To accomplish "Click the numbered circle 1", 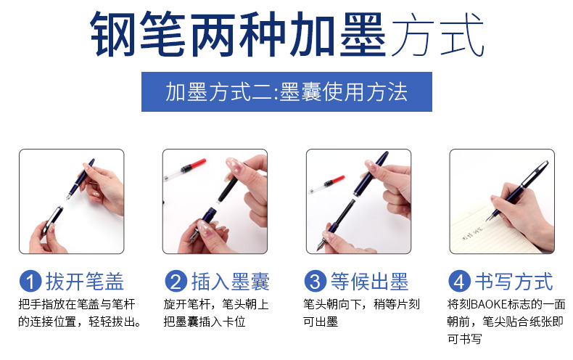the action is pos(30,282).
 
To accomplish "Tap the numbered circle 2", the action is pos(176,282).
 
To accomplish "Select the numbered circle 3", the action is pos(315,282).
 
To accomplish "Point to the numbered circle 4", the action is pos(459,282).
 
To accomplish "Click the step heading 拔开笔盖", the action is pos(85,282).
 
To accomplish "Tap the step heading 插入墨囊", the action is pos(230,282).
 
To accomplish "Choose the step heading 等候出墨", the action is pos(369,282).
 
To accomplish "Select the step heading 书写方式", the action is pos(514,282).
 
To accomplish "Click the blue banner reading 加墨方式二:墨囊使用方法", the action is pos(286,92).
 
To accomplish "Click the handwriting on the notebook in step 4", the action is pos(472,234).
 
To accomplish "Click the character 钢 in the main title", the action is pos(113,34).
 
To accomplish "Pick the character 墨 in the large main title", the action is pos(363,34).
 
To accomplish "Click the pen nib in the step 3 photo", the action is pos(321,245).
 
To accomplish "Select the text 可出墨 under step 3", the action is pos(321,322).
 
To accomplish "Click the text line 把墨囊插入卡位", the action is pos(205,322).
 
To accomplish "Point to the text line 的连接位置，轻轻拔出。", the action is pos(80,322).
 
